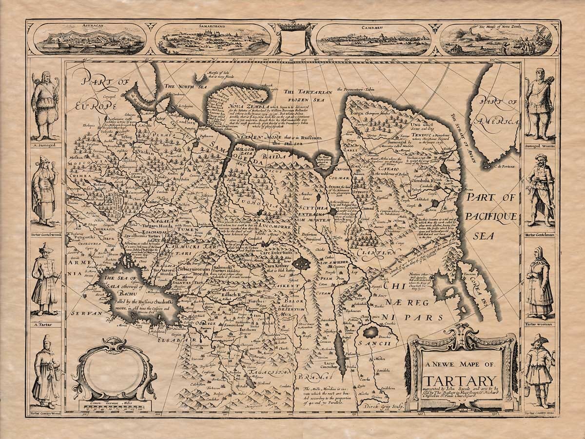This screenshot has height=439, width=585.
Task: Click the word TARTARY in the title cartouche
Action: [x=460, y=380]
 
